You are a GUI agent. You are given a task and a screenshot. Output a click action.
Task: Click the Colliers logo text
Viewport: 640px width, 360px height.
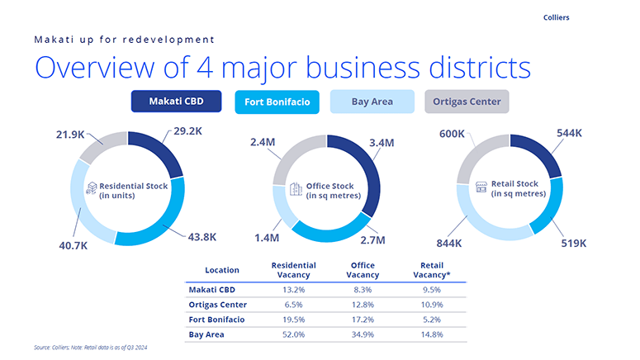click(x=557, y=17)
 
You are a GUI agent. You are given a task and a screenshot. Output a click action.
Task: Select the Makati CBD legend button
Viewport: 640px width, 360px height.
click(x=177, y=102)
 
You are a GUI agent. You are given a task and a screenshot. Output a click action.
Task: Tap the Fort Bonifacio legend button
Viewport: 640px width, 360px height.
click(x=277, y=102)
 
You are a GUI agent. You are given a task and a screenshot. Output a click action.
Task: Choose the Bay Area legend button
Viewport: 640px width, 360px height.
click(x=372, y=102)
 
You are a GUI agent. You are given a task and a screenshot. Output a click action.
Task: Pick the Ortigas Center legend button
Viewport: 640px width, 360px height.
click(x=467, y=102)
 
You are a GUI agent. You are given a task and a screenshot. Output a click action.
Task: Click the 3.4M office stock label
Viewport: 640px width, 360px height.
click(x=382, y=143)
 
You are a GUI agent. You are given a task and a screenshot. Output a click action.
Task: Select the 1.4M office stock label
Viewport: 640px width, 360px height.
click(x=267, y=237)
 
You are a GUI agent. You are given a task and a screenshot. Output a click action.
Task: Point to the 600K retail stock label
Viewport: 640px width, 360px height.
click(x=452, y=133)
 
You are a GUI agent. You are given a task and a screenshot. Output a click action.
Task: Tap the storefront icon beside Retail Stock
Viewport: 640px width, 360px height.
click(x=482, y=188)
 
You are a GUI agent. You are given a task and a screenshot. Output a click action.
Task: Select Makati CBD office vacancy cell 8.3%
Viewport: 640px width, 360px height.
click(x=363, y=290)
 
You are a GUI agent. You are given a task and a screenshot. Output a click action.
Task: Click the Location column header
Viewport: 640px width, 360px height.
click(x=222, y=270)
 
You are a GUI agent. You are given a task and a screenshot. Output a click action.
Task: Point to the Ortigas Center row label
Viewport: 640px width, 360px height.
click(x=219, y=305)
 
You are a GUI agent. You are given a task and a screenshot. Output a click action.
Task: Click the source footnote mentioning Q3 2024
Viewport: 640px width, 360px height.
click(x=91, y=348)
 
